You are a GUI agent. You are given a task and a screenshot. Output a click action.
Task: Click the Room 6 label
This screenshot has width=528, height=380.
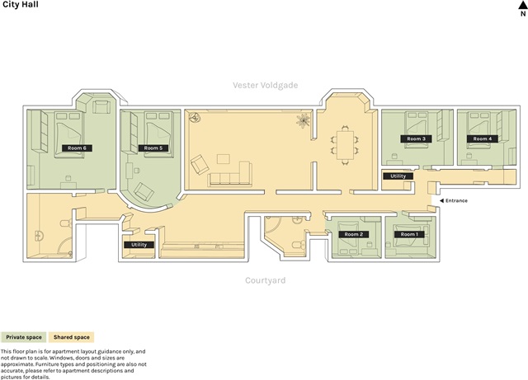click(77, 148)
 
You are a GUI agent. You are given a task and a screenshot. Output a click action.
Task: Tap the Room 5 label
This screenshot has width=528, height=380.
click(153, 148)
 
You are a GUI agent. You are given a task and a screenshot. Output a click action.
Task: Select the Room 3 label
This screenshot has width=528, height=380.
click(416, 138)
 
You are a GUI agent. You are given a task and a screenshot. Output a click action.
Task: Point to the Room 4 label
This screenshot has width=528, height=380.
click(483, 138)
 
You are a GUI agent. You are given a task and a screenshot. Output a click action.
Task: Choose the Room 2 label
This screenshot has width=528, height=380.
click(354, 234)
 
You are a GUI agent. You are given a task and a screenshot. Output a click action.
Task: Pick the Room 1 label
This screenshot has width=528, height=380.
click(409, 234)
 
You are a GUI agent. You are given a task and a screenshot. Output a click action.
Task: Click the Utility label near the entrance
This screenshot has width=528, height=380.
click(398, 176)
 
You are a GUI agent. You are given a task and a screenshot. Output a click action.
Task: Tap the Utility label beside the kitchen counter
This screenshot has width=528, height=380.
click(139, 245)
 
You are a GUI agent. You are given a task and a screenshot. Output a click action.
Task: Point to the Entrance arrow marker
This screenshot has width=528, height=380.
click(442, 200)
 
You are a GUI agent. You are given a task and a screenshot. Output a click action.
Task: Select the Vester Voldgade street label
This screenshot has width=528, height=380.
click(266, 85)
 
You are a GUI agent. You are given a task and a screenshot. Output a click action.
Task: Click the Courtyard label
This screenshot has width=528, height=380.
click(266, 280)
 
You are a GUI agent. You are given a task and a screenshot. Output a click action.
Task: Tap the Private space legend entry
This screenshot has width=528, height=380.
click(24, 337)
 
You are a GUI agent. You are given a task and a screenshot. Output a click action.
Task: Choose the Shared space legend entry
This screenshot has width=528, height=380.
click(72, 337)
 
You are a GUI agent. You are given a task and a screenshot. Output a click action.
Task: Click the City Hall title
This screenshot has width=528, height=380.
click(21, 4)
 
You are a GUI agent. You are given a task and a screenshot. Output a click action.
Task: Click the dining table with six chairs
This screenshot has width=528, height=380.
click(345, 145)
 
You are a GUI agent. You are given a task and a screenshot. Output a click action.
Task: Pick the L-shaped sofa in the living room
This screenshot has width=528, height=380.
click(230, 174)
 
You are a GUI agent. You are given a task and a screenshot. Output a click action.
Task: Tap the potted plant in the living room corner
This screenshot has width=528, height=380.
click(303, 120)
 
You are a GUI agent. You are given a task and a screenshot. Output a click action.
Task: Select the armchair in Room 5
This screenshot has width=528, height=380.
click(144, 192)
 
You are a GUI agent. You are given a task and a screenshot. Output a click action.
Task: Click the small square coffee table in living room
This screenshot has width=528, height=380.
click(224, 159)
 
